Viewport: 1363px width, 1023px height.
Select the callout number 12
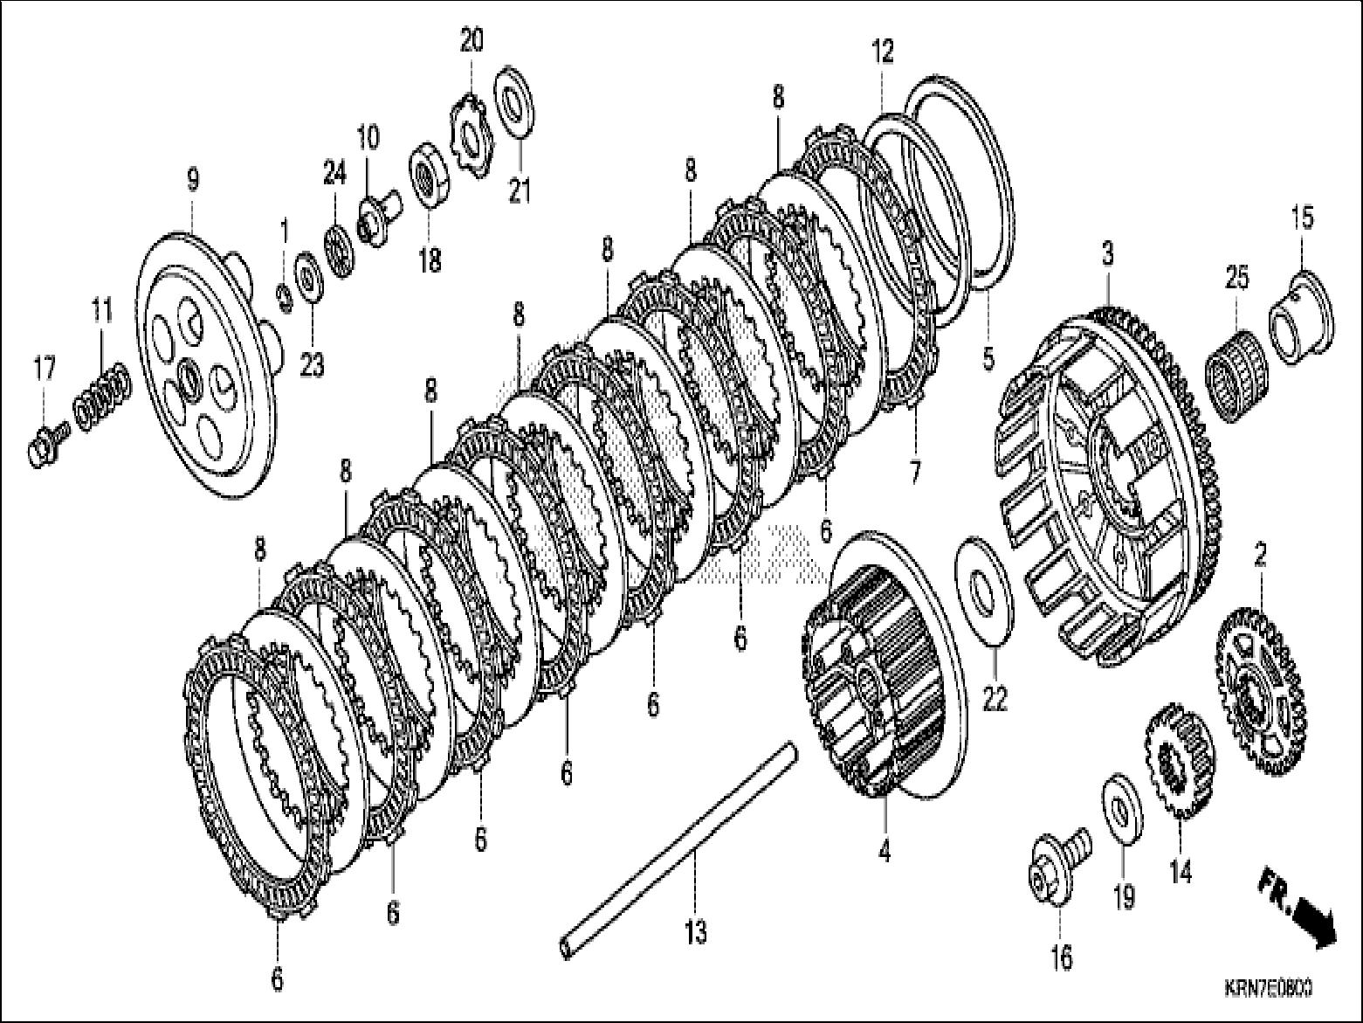click(883, 52)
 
